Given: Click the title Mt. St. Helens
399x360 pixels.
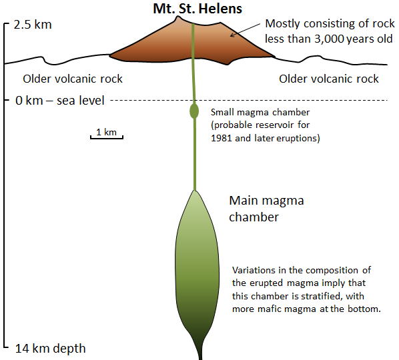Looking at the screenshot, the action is click(x=197, y=9).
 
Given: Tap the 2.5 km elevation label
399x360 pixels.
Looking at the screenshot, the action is click(x=33, y=25).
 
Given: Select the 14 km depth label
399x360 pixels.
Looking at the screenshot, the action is click(x=51, y=348).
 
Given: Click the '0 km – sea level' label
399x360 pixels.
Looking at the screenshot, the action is click(x=60, y=101).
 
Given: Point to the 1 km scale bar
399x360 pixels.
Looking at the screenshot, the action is click(x=107, y=137).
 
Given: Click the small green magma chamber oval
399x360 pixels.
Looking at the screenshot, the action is click(x=194, y=111).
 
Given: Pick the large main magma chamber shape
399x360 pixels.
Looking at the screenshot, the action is click(x=197, y=269).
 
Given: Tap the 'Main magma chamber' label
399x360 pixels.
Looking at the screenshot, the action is click(x=266, y=209).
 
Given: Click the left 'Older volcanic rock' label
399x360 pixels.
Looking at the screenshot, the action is click(x=73, y=79).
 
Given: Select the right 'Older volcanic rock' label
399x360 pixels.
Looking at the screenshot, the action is click(x=329, y=79).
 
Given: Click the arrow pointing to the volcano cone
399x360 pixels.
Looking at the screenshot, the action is click(x=245, y=30).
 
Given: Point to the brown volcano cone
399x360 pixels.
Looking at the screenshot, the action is click(x=192, y=45).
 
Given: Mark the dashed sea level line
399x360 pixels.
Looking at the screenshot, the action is click(x=249, y=101).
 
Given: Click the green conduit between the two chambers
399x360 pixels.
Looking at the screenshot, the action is click(x=195, y=155).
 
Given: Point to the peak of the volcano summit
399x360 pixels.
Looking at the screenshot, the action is click(x=177, y=17).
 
